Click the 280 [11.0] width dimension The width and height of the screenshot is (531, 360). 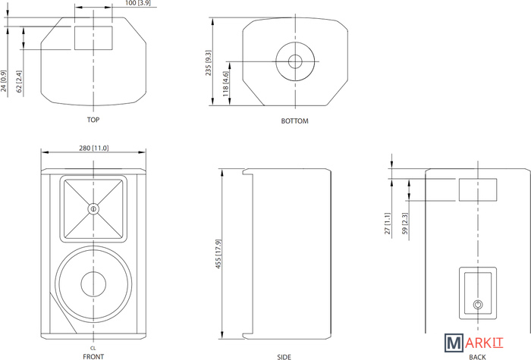tap(94, 149)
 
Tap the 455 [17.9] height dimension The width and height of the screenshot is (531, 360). tap(218, 254)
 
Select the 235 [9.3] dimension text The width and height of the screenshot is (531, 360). tap(209, 63)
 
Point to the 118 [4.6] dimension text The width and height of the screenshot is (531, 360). tap(226, 83)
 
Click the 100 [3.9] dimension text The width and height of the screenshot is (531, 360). tap(138, 3)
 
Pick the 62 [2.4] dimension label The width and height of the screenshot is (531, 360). tap(19, 82)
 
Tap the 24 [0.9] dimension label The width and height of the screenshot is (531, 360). tap(3, 81)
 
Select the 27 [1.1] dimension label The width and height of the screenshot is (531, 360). tap(388, 224)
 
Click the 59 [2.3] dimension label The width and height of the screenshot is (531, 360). tap(405, 224)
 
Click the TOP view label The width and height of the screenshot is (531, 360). tap(93, 120)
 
